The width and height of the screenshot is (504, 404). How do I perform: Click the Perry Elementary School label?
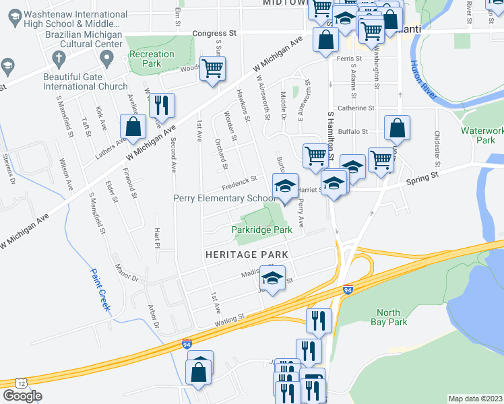[224, 199]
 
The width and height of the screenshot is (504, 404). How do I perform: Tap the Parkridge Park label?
[261, 230]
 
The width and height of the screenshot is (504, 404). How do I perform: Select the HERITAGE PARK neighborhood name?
[247, 255]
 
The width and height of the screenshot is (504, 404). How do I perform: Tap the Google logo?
[22, 396]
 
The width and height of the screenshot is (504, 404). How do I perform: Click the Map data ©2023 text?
[475, 399]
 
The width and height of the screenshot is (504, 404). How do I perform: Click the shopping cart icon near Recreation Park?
[213, 68]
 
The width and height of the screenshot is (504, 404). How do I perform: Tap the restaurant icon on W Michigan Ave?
[162, 105]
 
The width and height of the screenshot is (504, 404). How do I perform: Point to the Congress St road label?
[215, 32]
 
